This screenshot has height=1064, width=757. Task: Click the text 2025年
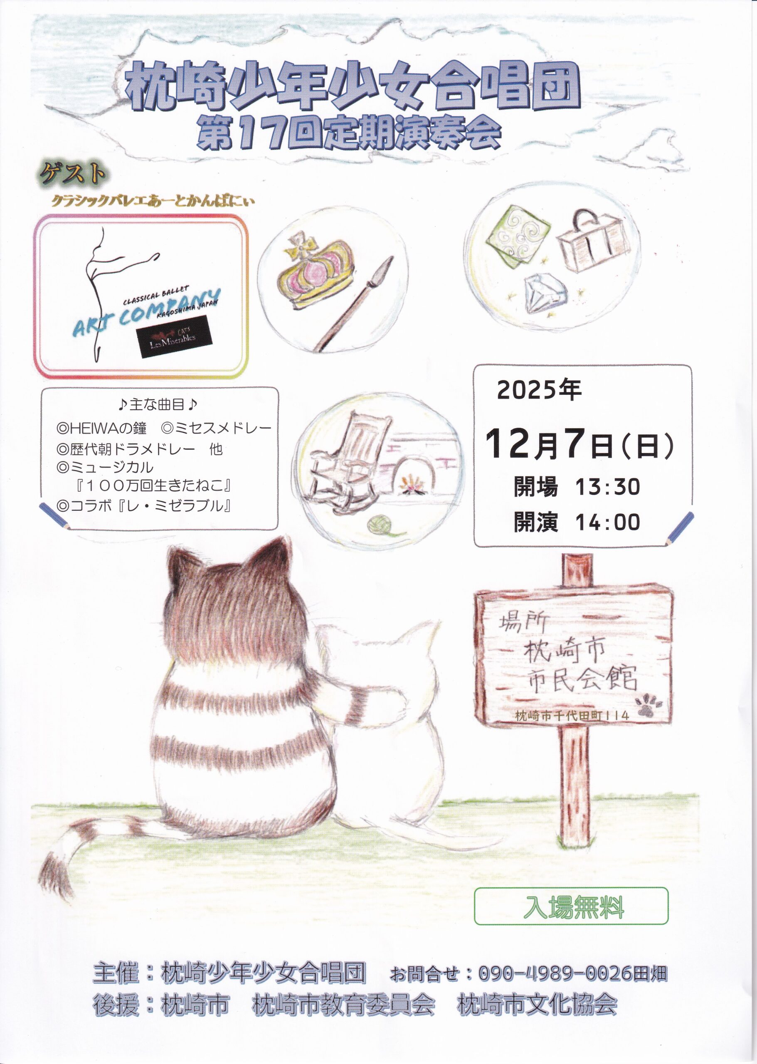click(539, 391)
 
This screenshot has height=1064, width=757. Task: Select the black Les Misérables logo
click(173, 337)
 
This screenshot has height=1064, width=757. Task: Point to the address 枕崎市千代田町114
click(572, 715)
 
